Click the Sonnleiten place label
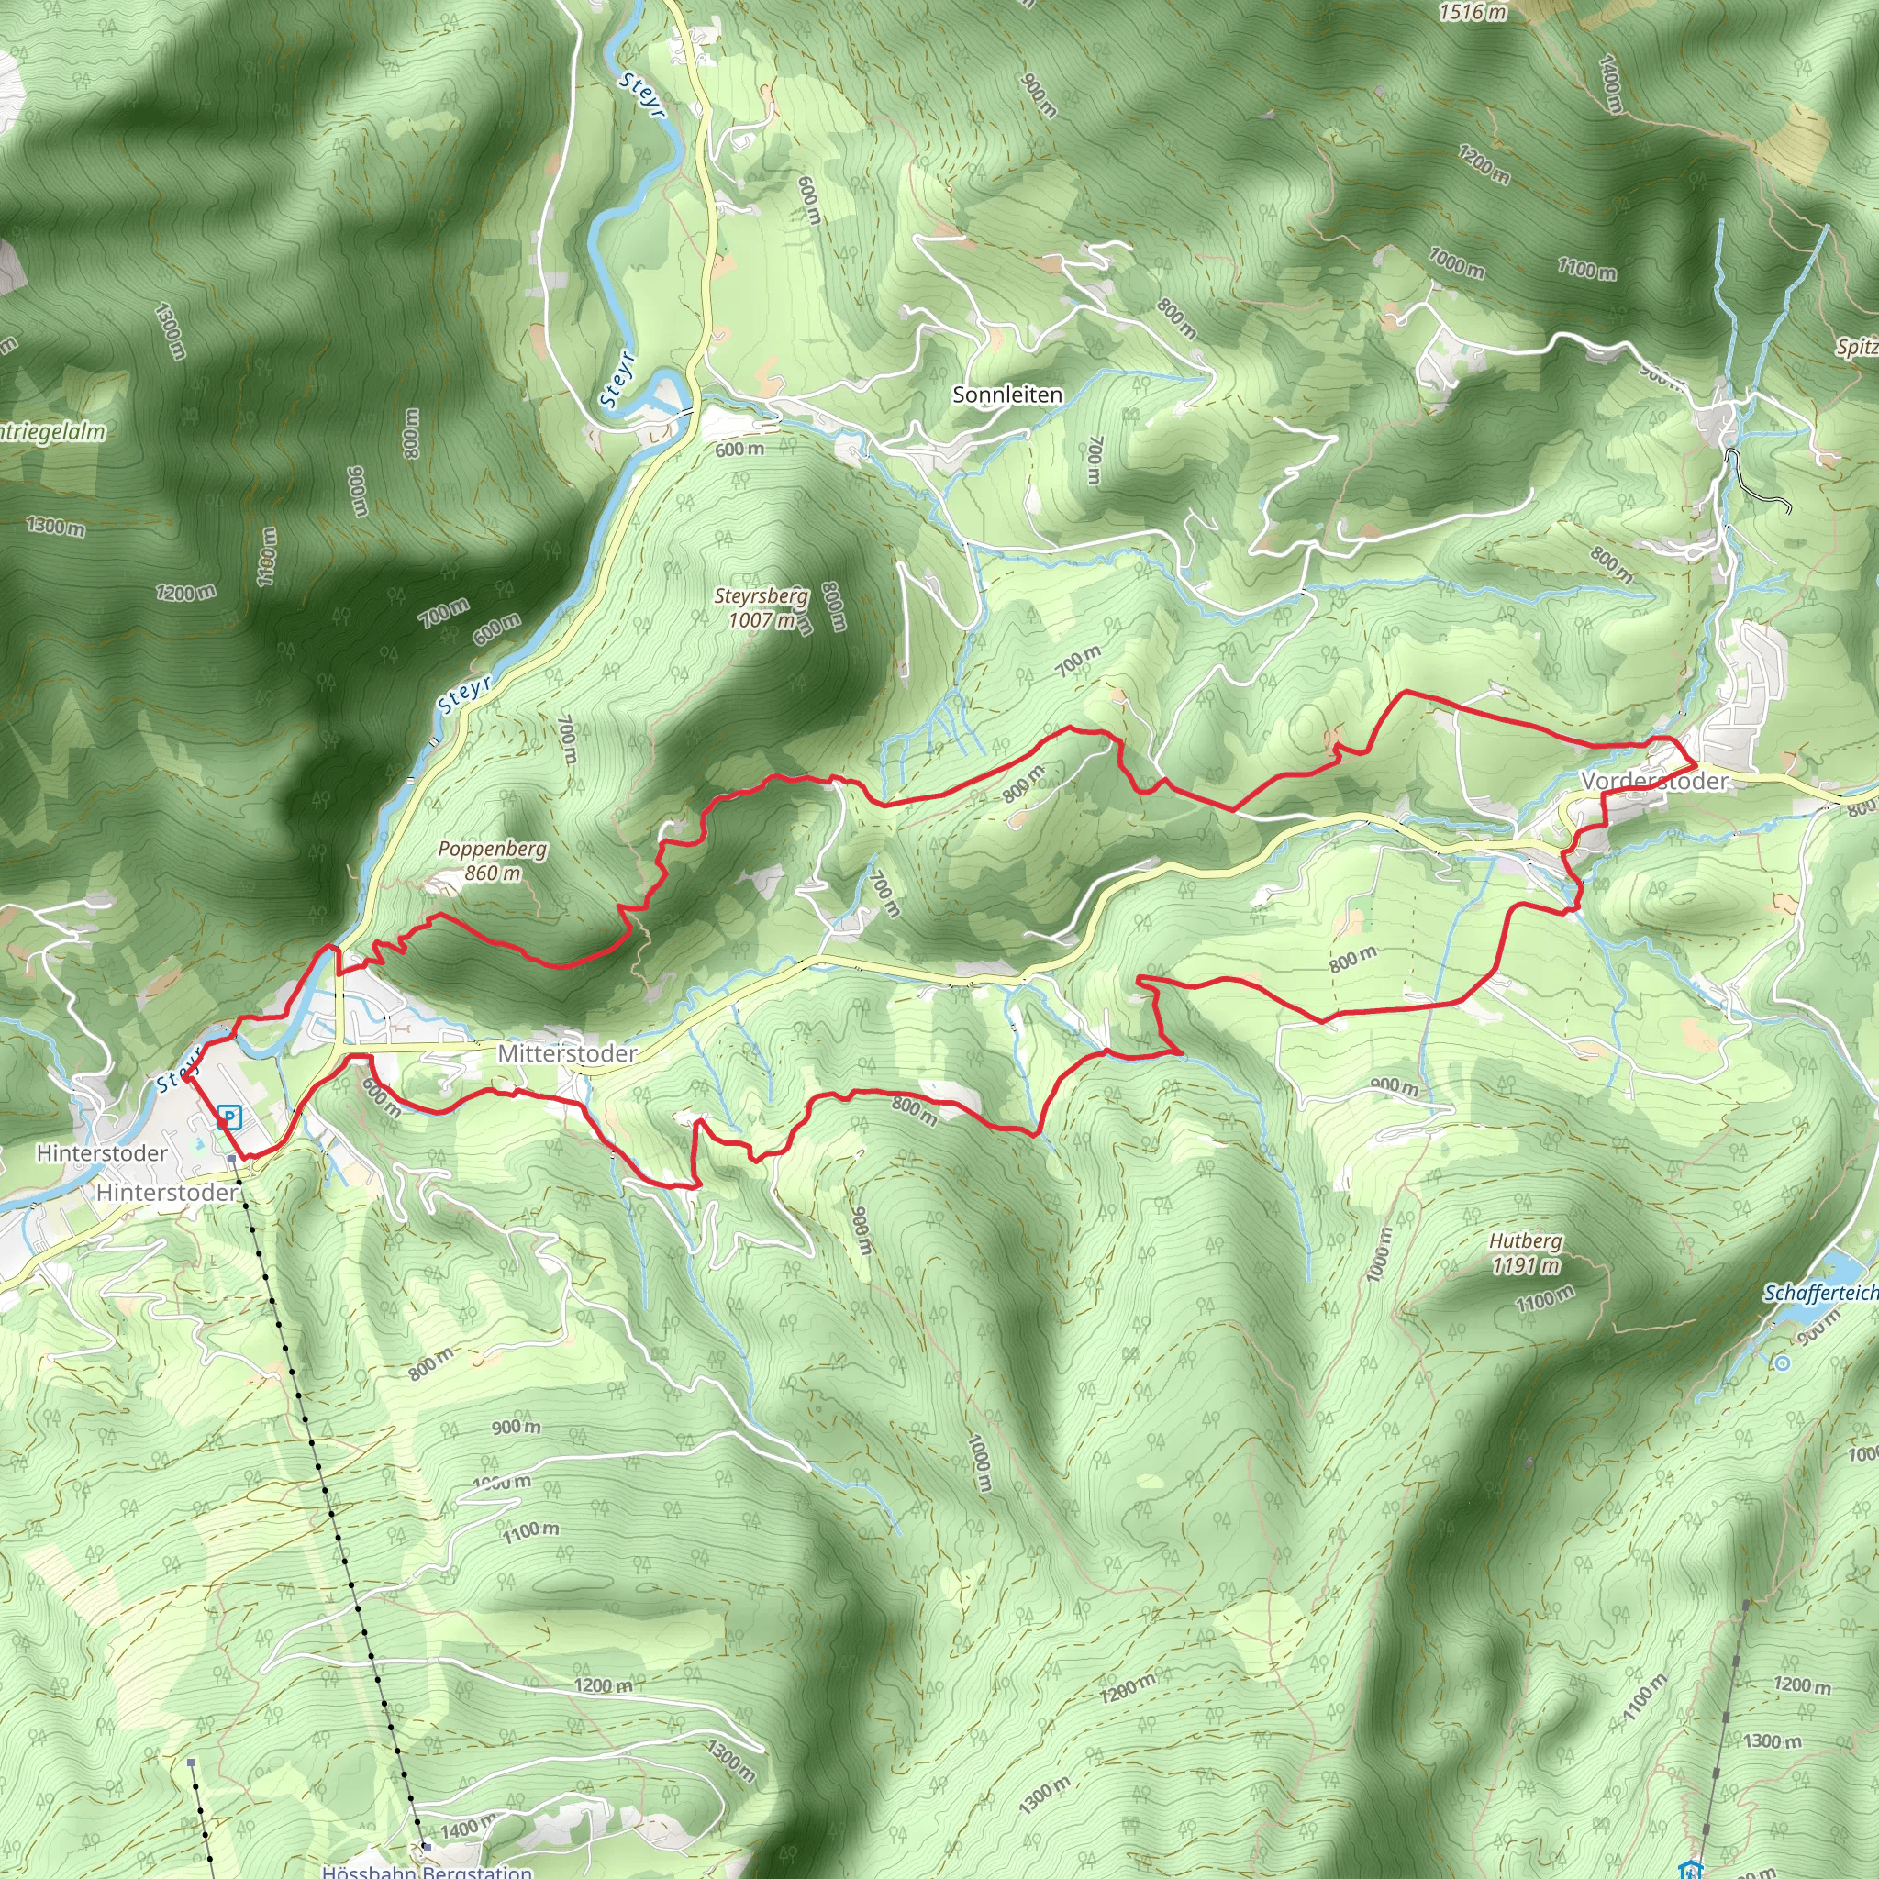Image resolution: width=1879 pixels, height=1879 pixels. pyautogui.click(x=1006, y=395)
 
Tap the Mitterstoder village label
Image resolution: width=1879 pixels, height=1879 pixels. pyautogui.click(x=567, y=1053)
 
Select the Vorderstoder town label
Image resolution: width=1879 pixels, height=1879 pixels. pyautogui.click(x=1654, y=781)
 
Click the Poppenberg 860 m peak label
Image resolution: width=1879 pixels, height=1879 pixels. pyautogui.click(x=492, y=861)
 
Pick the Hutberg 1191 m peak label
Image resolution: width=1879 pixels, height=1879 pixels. pyautogui.click(x=1526, y=1253)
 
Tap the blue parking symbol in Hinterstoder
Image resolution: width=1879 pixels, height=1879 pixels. pyautogui.click(x=229, y=1117)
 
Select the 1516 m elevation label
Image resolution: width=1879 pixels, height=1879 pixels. pyautogui.click(x=1473, y=13)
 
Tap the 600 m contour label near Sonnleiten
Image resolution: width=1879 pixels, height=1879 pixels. pyautogui.click(x=739, y=450)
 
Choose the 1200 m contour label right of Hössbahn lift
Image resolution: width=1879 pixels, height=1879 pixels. pyautogui.click(x=603, y=1686)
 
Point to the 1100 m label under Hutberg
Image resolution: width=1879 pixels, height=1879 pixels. pyautogui.click(x=1544, y=1298)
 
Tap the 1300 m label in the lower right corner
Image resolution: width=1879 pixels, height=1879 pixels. pyautogui.click(x=1772, y=1740)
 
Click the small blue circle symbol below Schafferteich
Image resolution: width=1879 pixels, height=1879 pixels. pyautogui.click(x=1782, y=1363)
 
